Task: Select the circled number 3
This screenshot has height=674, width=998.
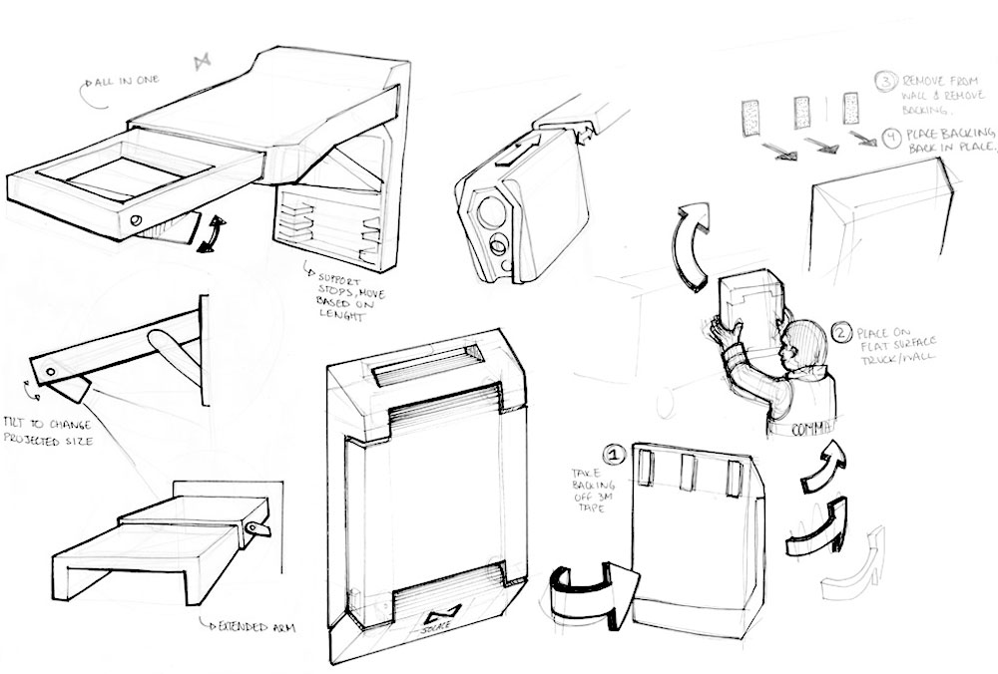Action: [x=885, y=81]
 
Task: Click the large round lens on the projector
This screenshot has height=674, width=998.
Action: [x=488, y=210]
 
